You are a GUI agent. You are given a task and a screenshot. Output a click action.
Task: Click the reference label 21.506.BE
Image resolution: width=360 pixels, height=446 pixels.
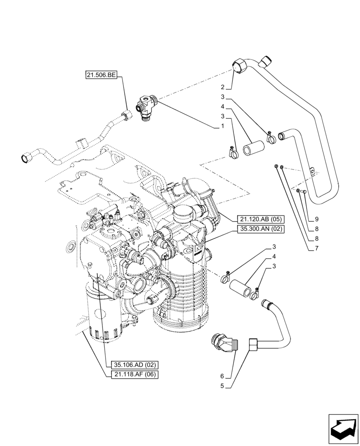(x=100, y=76)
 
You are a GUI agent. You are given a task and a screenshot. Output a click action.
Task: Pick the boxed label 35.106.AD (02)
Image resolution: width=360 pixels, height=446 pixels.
(x=131, y=365)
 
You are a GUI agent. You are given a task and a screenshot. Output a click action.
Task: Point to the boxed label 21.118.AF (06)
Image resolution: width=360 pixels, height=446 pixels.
(x=131, y=375)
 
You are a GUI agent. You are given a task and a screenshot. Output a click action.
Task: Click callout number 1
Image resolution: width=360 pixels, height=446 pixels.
(x=221, y=127)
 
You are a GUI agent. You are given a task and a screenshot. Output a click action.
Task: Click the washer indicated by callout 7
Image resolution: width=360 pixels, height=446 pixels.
(x=277, y=166)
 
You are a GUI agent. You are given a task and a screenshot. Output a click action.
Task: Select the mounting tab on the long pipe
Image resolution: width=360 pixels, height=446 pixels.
(x=313, y=171)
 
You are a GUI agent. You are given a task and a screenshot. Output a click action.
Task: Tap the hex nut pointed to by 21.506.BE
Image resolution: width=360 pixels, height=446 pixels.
(x=127, y=115)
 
